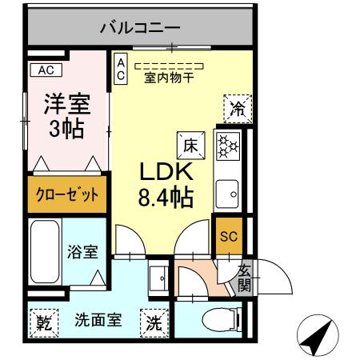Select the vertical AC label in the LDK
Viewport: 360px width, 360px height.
pyautogui.click(x=120, y=69)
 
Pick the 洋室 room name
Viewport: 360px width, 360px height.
pyautogui.click(x=66, y=105)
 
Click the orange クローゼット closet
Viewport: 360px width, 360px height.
pyautogui.click(x=67, y=194)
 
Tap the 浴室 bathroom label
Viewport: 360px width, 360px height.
pyautogui.click(x=82, y=252)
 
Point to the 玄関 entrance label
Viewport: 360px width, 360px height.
pyautogui.click(x=243, y=278)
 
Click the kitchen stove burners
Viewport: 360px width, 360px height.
pyautogui.click(x=229, y=146)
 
